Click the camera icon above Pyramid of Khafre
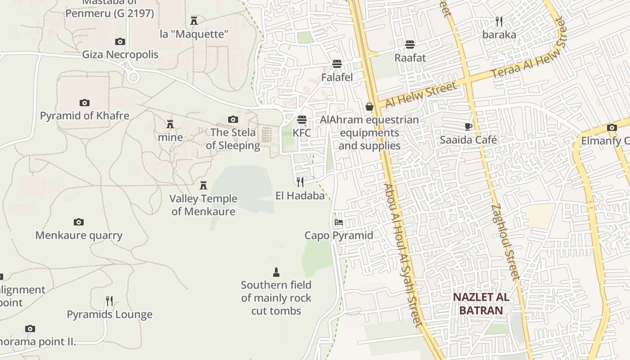pyautogui.click(x=84, y=103)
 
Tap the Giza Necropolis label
pyautogui.click(x=120, y=54)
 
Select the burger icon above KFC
pyautogui.click(x=301, y=120)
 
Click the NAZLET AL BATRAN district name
pyautogui.click(x=481, y=304)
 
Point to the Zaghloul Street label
pyautogui.click(x=505, y=242)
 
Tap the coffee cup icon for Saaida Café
pyautogui.click(x=468, y=126)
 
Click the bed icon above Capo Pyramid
pyautogui.click(x=339, y=222)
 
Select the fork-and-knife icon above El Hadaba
pyautogui.click(x=300, y=182)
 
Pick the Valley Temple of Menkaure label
pyautogui.click(x=203, y=205)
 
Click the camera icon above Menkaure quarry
pyautogui.click(x=79, y=222)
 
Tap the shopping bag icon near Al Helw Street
pyautogui.click(x=369, y=107)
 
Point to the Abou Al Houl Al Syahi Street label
pyautogui.click(x=404, y=254)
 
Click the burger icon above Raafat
pyautogui.click(x=410, y=45)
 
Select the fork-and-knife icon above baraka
pyautogui.click(x=499, y=21)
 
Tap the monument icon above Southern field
pyautogui.click(x=276, y=272)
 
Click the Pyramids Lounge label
pyautogui.click(x=109, y=314)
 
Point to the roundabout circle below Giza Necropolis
pyautogui.click(x=133, y=77)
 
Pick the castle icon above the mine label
pyautogui.click(x=170, y=124)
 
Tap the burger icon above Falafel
pyautogui.click(x=337, y=64)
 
